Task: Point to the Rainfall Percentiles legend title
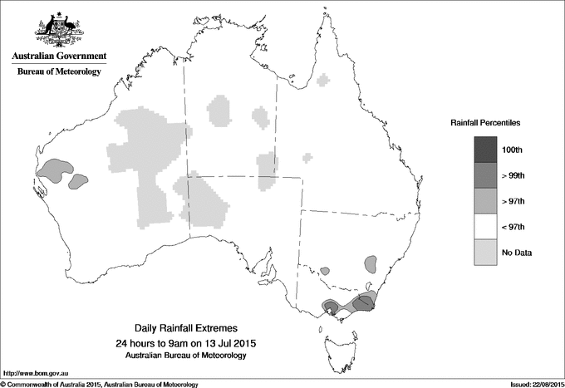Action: point(485,123)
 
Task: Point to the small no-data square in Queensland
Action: point(308,156)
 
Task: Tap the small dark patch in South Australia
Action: point(325,271)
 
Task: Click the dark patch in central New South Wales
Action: point(371,265)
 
